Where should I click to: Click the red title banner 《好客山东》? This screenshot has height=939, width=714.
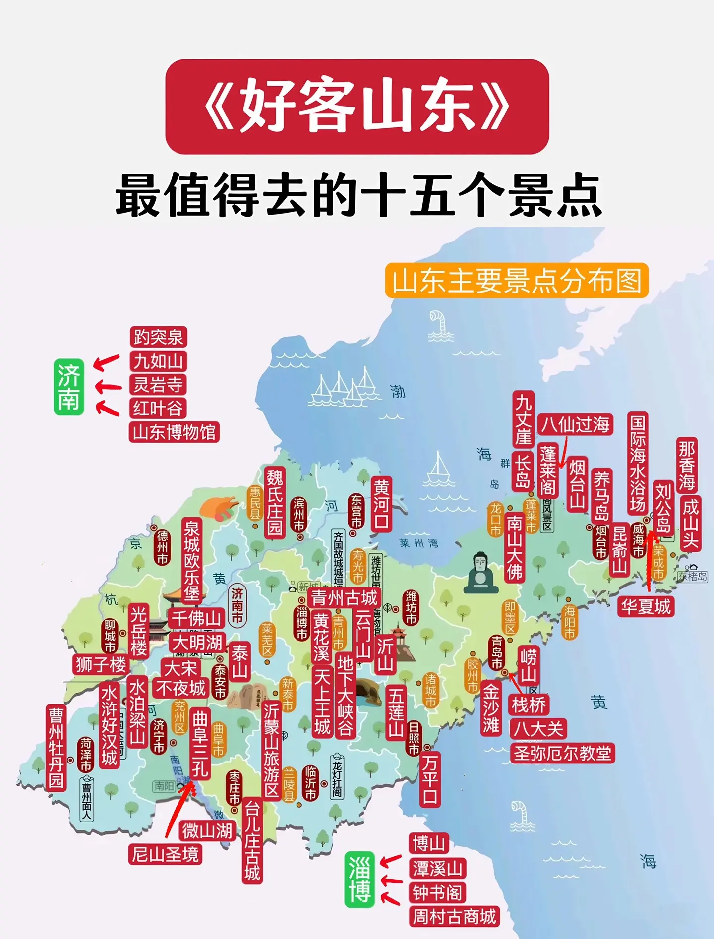357,107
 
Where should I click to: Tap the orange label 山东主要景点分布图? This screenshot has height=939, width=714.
517,281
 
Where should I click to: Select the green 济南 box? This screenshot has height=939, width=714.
68,387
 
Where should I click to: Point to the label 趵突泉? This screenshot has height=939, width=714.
158,337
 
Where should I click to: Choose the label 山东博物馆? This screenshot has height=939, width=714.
174,432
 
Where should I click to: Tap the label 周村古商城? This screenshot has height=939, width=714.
454,916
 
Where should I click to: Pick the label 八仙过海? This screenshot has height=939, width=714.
575,424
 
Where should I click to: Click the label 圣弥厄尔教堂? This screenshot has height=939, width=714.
562,753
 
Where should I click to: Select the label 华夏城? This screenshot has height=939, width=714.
646,606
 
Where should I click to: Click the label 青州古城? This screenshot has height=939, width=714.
344,598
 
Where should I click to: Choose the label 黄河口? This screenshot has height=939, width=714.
381,505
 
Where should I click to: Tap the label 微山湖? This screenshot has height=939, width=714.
207,830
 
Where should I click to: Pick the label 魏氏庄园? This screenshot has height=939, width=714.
275,502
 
